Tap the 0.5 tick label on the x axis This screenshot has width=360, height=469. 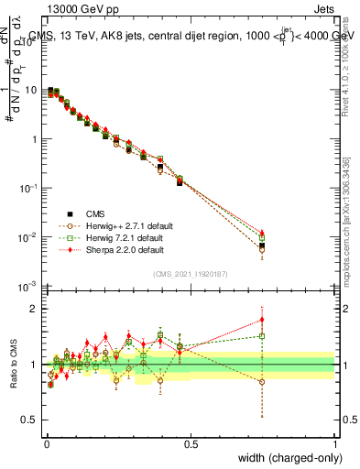(190, 442)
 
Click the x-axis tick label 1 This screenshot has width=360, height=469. (334, 442)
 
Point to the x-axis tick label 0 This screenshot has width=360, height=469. (46, 442)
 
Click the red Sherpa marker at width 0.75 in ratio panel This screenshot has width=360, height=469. (263, 320)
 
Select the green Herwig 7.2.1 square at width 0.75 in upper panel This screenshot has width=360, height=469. (263, 237)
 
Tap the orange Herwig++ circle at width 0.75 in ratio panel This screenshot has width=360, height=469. (263, 382)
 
